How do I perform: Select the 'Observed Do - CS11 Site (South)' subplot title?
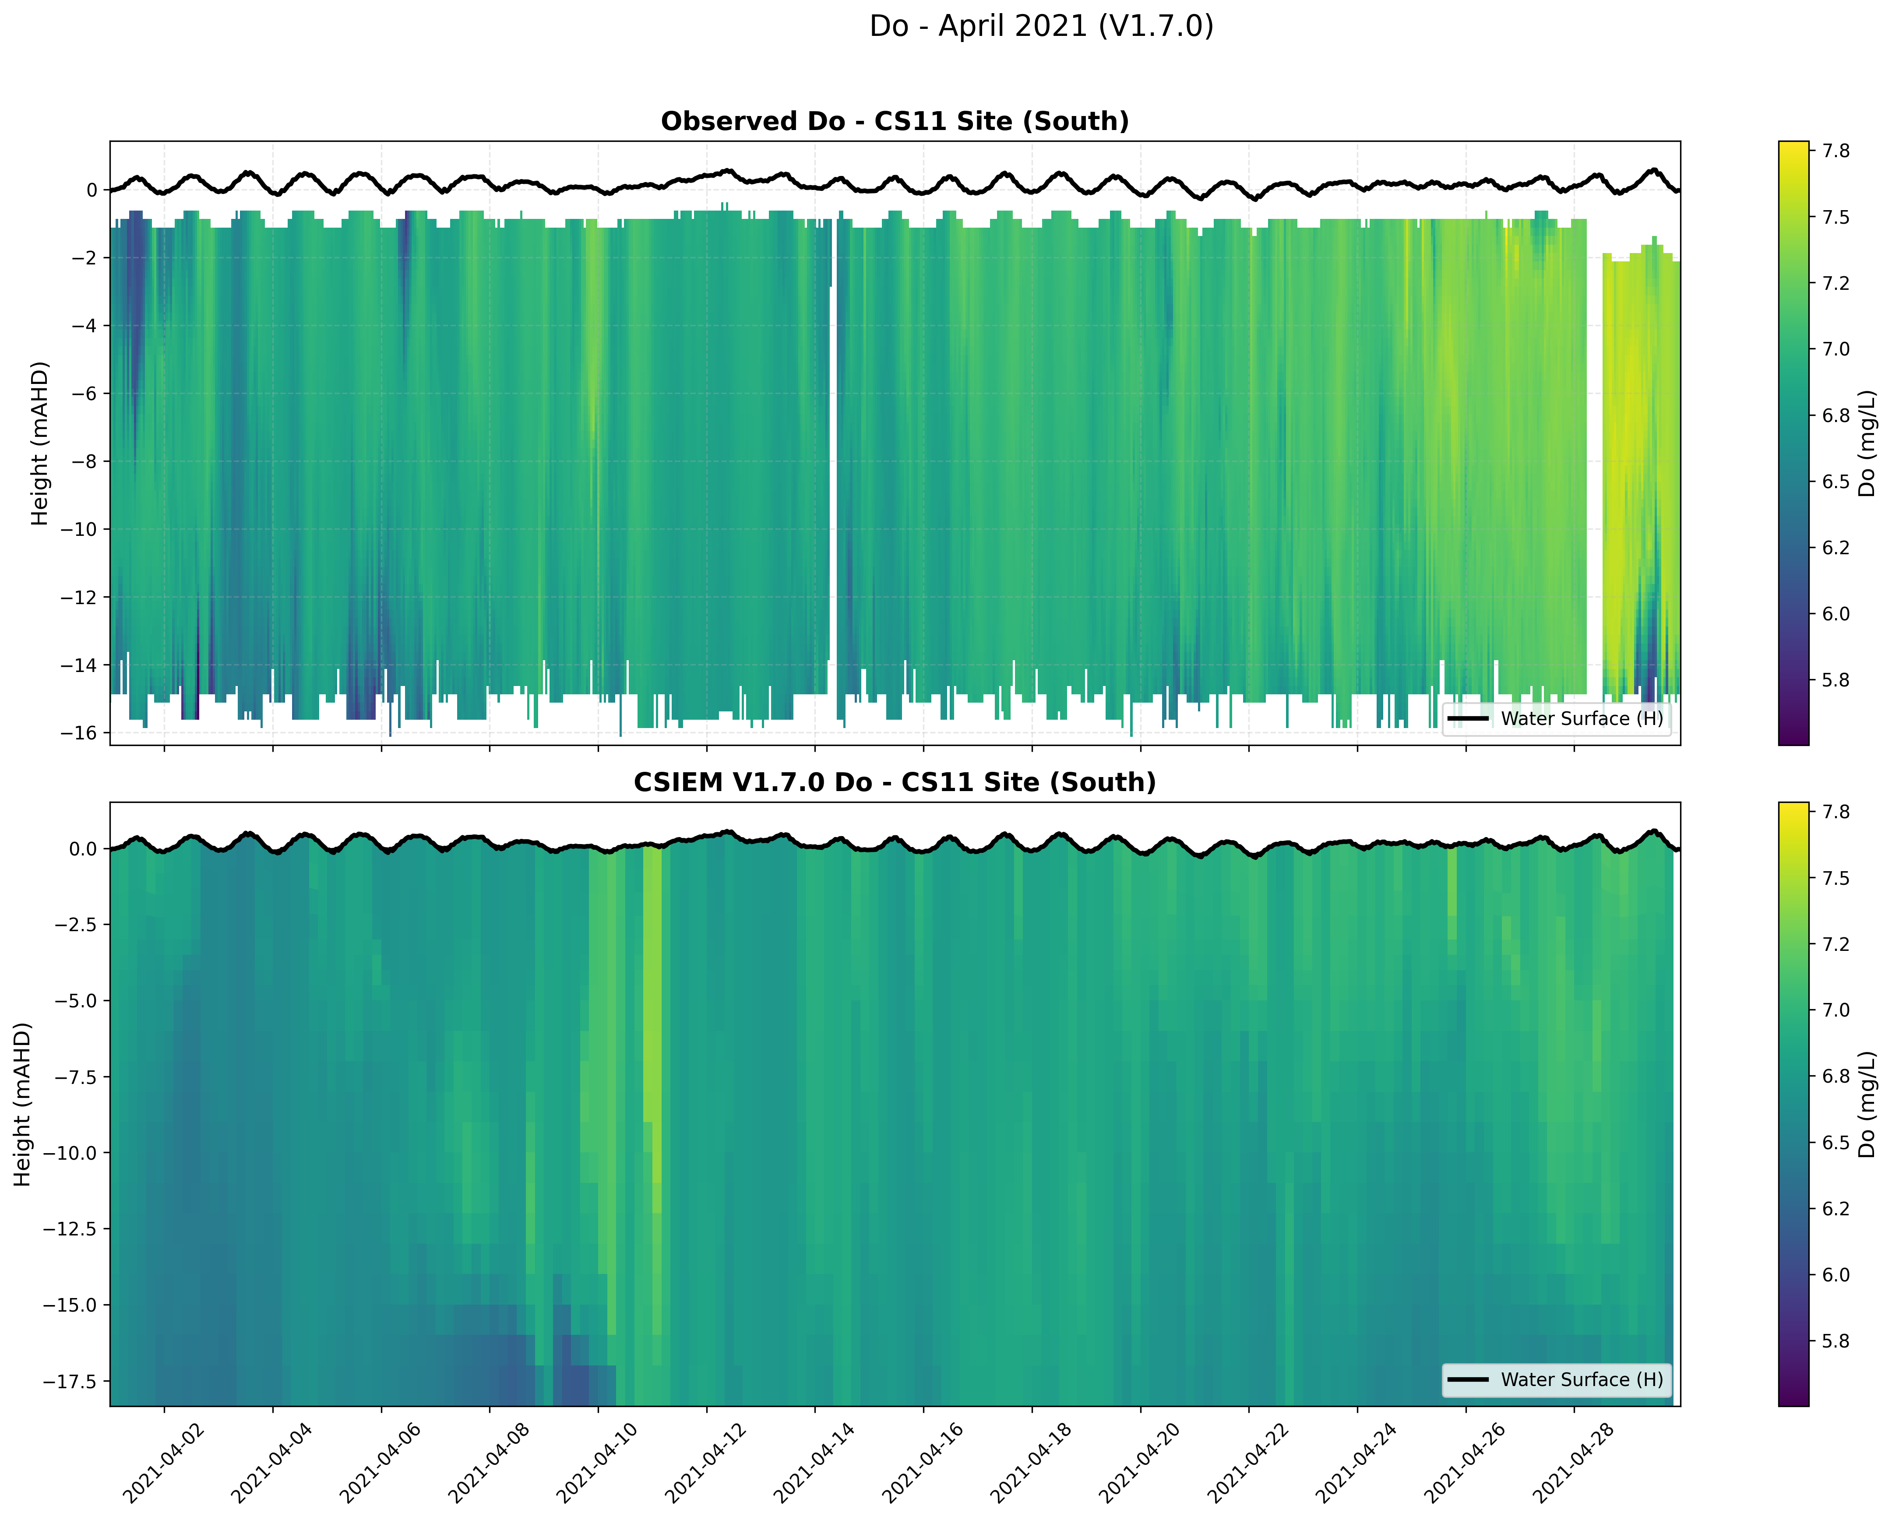894,121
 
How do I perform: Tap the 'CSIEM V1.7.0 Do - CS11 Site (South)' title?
894,782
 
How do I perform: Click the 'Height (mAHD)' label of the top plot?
39,443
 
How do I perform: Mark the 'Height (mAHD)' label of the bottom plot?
22,1104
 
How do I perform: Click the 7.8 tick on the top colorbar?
1836,151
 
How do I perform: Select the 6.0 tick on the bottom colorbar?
1836,1274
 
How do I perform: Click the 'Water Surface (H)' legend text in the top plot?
1582,719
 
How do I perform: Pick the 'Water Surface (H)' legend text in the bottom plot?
1582,1379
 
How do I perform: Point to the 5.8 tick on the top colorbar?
1836,680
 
